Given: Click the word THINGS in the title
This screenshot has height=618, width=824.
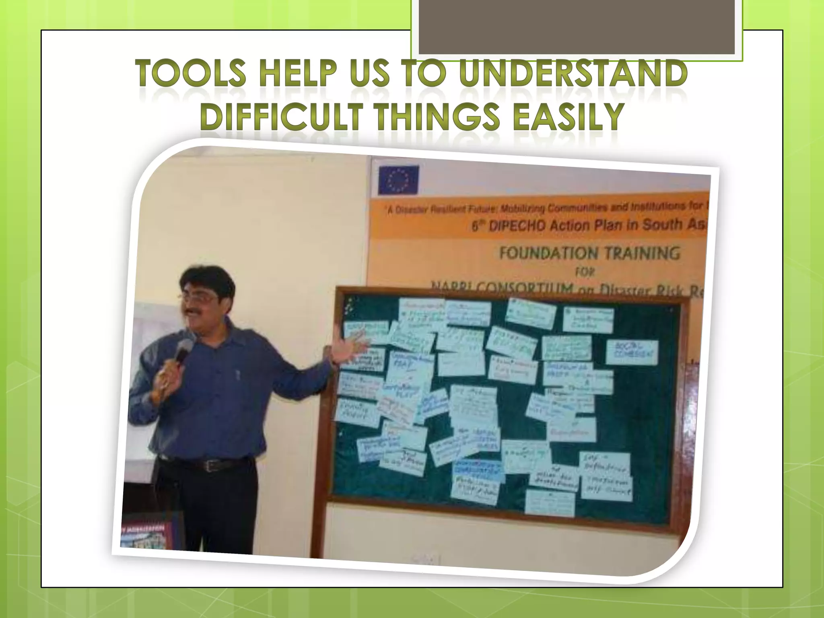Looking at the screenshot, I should coord(430,117).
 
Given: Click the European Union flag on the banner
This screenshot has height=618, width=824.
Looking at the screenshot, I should coord(398,180).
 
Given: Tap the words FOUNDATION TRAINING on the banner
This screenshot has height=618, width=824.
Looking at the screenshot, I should coord(589,253).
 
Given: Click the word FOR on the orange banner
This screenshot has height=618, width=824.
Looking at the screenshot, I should coord(584,272).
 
